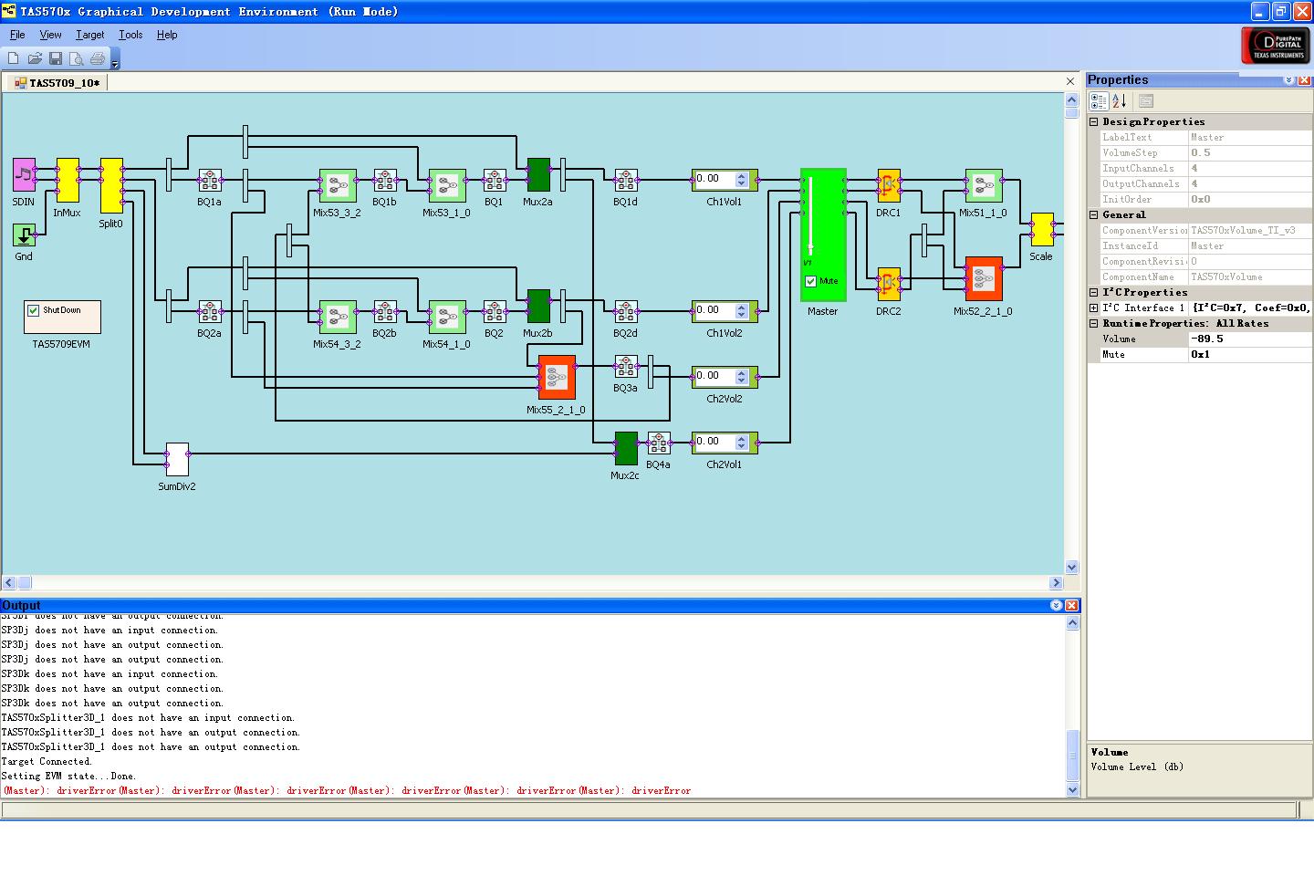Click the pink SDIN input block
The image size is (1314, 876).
click(24, 174)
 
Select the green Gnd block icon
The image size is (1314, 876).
click(24, 235)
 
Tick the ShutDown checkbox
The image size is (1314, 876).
click(34, 310)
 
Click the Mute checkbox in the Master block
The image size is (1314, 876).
click(810, 281)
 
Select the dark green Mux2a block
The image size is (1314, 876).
click(538, 175)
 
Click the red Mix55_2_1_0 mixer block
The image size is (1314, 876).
click(557, 377)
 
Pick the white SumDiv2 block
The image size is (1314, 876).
click(177, 460)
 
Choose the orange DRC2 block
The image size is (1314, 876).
click(888, 284)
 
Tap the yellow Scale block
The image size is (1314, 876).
click(1041, 230)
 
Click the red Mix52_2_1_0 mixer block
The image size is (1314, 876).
click(984, 278)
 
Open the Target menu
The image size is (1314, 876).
click(89, 35)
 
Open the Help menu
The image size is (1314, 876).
click(167, 35)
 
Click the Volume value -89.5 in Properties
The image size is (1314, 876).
click(1248, 339)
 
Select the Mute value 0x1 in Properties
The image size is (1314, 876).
click(1248, 354)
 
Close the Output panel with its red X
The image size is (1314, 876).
click(1072, 605)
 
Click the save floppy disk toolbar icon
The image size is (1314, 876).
click(56, 58)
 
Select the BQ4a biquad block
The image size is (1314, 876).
click(659, 443)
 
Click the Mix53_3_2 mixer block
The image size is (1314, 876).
click(338, 186)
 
